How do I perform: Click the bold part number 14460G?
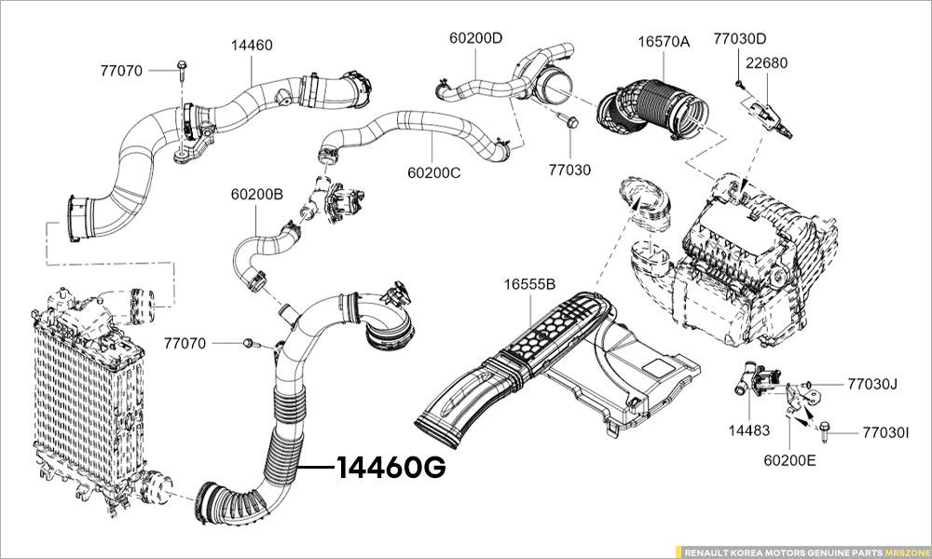click(391, 467)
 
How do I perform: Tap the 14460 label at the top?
click(252, 45)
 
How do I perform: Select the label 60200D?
click(475, 38)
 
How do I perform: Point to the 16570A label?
click(664, 42)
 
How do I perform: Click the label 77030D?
click(739, 39)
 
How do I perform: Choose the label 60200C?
click(434, 172)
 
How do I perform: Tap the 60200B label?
click(257, 195)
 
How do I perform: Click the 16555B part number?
click(529, 283)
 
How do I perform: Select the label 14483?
click(748, 431)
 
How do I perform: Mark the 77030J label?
click(871, 383)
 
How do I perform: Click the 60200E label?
click(789, 459)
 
